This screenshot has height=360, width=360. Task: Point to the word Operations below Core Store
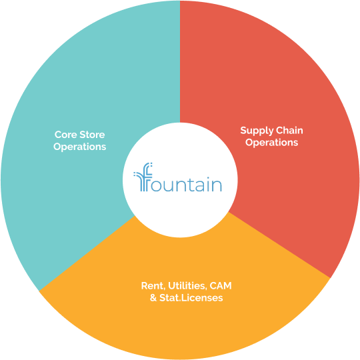(80, 147)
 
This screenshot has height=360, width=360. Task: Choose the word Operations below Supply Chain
(271, 143)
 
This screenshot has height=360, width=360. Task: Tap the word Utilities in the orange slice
(187, 286)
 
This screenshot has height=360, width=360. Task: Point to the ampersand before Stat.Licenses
(153, 298)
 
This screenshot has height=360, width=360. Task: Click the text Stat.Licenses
(191, 298)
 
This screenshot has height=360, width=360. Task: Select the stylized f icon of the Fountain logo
(143, 177)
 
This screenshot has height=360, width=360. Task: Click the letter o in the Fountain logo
(157, 185)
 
